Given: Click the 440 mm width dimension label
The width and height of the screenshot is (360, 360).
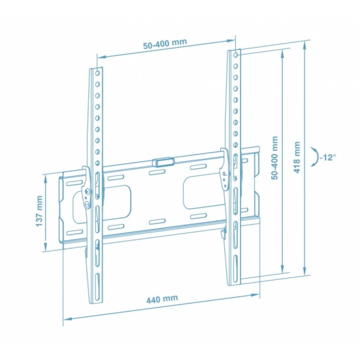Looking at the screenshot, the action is point(162,299).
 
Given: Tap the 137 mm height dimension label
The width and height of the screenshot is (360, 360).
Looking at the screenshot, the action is point(39,211).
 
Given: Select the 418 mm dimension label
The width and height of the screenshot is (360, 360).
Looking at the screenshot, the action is point(297,157).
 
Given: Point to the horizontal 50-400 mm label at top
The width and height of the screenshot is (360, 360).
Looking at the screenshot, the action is point(165,44).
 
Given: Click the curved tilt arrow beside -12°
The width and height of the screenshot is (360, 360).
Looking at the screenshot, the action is point(315,157).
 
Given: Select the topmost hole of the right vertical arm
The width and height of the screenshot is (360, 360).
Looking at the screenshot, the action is point(236,55).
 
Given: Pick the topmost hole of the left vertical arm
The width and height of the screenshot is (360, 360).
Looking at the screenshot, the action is point(97,73).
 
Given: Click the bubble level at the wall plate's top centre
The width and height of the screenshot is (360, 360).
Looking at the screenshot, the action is point(163,162).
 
